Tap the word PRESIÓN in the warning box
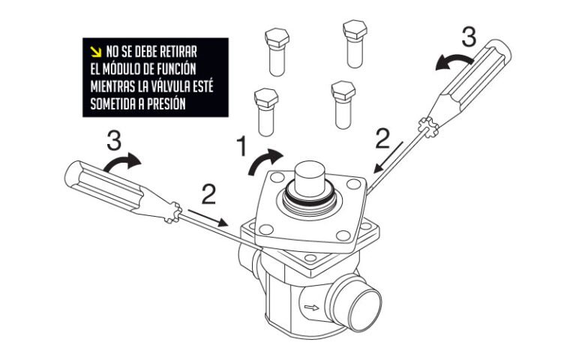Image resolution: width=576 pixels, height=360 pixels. click(x=162, y=103)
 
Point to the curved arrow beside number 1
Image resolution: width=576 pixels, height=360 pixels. click(x=268, y=158)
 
